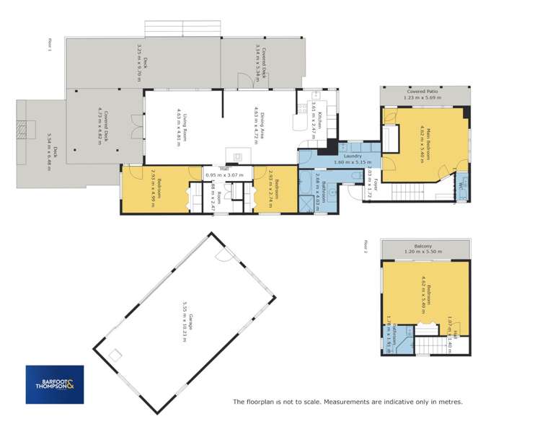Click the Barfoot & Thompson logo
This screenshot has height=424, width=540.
55,384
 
